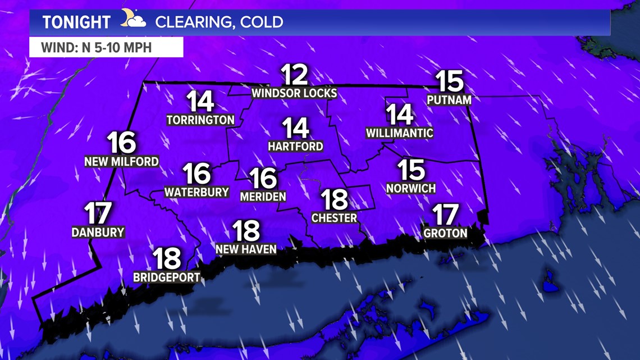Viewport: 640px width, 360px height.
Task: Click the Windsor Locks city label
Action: point(294,93)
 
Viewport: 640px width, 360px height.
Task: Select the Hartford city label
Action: point(295,146)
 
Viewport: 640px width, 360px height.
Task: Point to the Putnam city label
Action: point(449,100)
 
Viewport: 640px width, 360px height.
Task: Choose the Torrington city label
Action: point(200,120)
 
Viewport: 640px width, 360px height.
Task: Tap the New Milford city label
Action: point(121,162)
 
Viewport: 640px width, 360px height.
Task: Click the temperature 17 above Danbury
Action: point(98,214)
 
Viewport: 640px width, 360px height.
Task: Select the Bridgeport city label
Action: point(167,277)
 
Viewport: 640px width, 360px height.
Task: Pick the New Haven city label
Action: point(246,248)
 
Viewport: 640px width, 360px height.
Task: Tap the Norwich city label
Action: point(411,188)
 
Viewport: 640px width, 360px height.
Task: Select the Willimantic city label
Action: point(400,133)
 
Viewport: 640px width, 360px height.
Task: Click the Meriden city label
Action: point(263,197)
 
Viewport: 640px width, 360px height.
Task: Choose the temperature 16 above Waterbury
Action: point(196,174)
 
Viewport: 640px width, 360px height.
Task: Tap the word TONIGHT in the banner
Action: point(76,22)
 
